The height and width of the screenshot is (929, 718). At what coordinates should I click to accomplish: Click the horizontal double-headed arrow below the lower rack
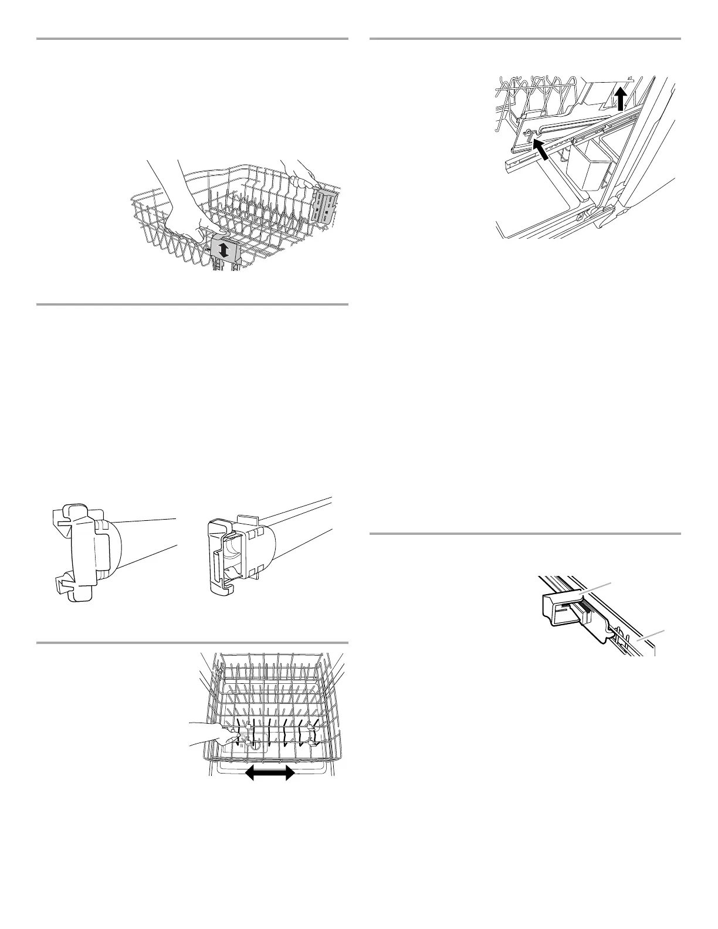[x=270, y=774]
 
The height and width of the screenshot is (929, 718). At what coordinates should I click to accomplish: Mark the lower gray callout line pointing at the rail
[x=651, y=636]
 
